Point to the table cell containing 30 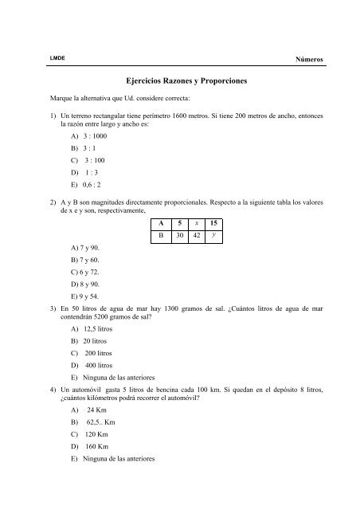182,237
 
